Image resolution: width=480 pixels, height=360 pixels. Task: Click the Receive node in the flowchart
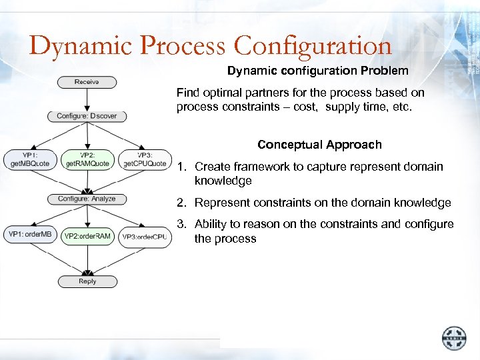pyautogui.click(x=87, y=82)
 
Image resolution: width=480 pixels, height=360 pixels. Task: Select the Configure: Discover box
pyautogui.click(x=87, y=116)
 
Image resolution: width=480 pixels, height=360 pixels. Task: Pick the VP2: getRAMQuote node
pyautogui.click(x=87, y=159)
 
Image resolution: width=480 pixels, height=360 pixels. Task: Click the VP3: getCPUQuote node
pyautogui.click(x=145, y=159)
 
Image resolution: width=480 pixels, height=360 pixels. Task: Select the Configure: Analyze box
pyautogui.click(x=87, y=199)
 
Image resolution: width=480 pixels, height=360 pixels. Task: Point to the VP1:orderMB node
pyautogui.click(x=30, y=234)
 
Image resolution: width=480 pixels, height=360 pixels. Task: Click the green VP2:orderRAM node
pyautogui.click(x=87, y=236)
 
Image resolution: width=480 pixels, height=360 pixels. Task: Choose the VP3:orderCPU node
pyautogui.click(x=145, y=237)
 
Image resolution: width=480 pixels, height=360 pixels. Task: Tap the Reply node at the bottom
pyautogui.click(x=87, y=281)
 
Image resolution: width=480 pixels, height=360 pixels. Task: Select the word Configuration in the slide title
pyautogui.click(x=313, y=46)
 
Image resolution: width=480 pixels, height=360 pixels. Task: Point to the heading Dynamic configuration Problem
pyautogui.click(x=318, y=70)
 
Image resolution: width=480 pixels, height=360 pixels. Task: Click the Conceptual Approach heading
pyautogui.click(x=319, y=145)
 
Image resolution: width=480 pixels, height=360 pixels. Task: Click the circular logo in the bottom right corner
pyautogui.click(x=455, y=338)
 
